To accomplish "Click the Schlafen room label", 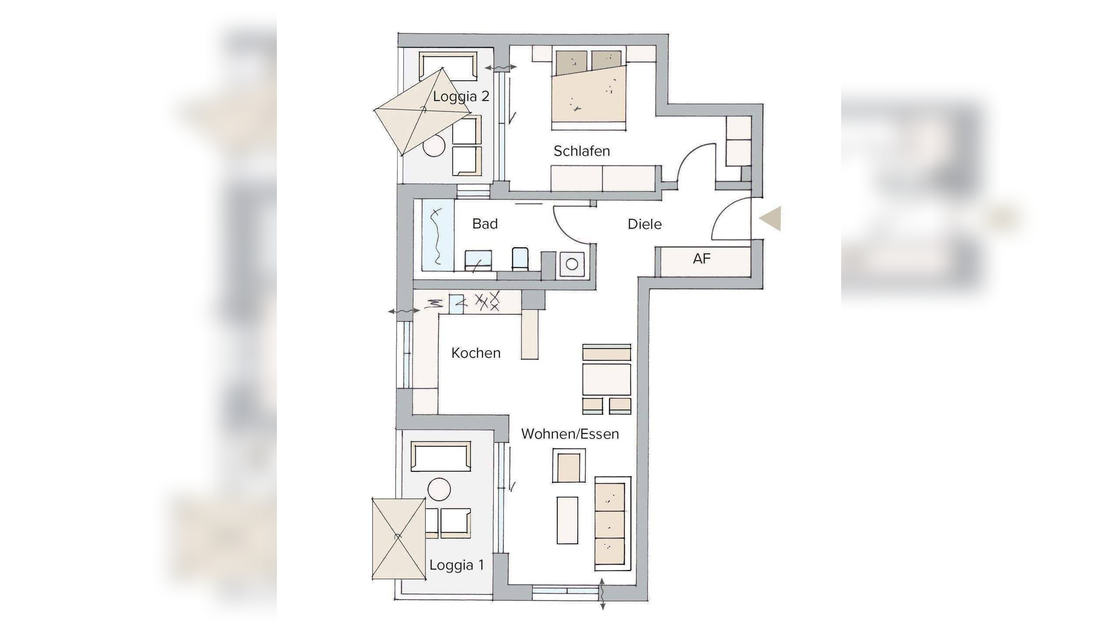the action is [582, 151].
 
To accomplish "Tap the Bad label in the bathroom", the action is [485, 224].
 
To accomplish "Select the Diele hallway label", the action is [645, 225].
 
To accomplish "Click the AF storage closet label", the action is [702, 259].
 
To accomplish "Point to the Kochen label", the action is [476, 353].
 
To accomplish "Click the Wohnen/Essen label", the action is [570, 434].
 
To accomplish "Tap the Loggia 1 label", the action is [457, 565].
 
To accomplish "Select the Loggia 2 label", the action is [461, 97].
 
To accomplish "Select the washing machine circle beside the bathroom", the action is [572, 264].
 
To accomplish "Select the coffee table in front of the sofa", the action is [567, 520].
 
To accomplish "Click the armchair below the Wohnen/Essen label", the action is [568, 465].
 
